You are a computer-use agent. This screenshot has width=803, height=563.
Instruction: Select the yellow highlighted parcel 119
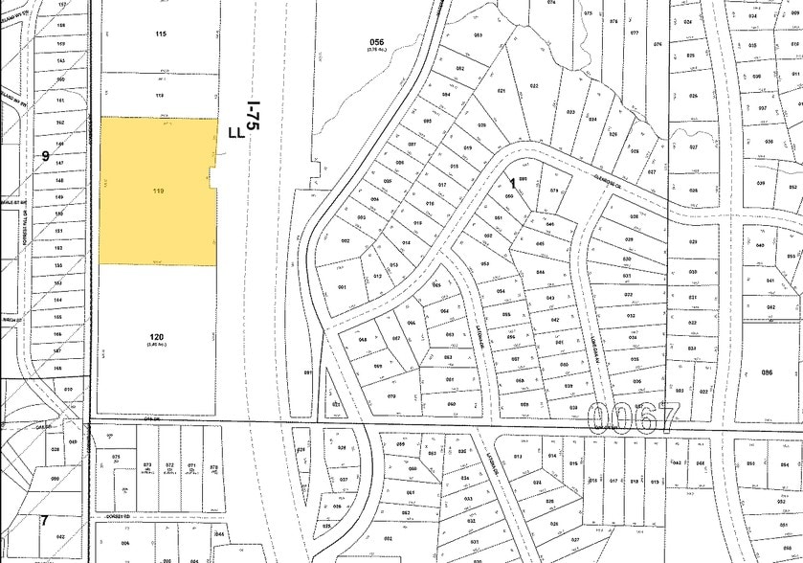158,191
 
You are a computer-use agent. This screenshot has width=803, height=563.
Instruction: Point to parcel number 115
160,34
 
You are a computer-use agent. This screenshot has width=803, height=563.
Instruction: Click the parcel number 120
159,336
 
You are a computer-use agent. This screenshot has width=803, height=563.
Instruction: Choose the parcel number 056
376,41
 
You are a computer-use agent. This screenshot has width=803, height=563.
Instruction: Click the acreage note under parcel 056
376,52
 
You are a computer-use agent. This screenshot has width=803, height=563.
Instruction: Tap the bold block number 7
43,519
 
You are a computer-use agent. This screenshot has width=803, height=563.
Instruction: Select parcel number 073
146,466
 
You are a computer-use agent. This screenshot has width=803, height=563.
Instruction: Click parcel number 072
168,466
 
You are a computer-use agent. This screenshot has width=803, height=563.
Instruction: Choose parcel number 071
190,466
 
